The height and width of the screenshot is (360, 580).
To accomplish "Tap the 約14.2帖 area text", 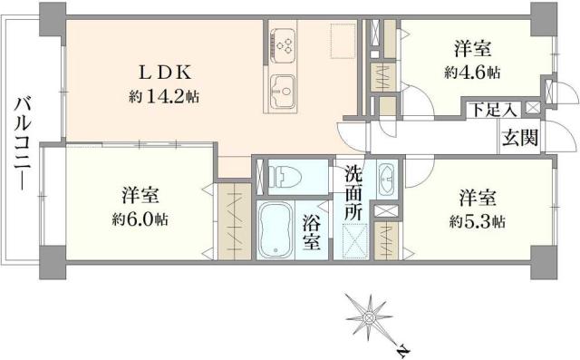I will [163, 96].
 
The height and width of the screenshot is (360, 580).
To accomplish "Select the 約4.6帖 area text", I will [473, 72].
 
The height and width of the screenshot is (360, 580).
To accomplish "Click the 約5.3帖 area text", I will [476, 220].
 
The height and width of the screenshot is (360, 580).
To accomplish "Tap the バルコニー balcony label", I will [20, 145].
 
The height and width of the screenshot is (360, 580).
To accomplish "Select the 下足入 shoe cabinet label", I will [492, 110].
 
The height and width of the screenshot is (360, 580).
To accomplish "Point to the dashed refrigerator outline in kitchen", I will [343, 39].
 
